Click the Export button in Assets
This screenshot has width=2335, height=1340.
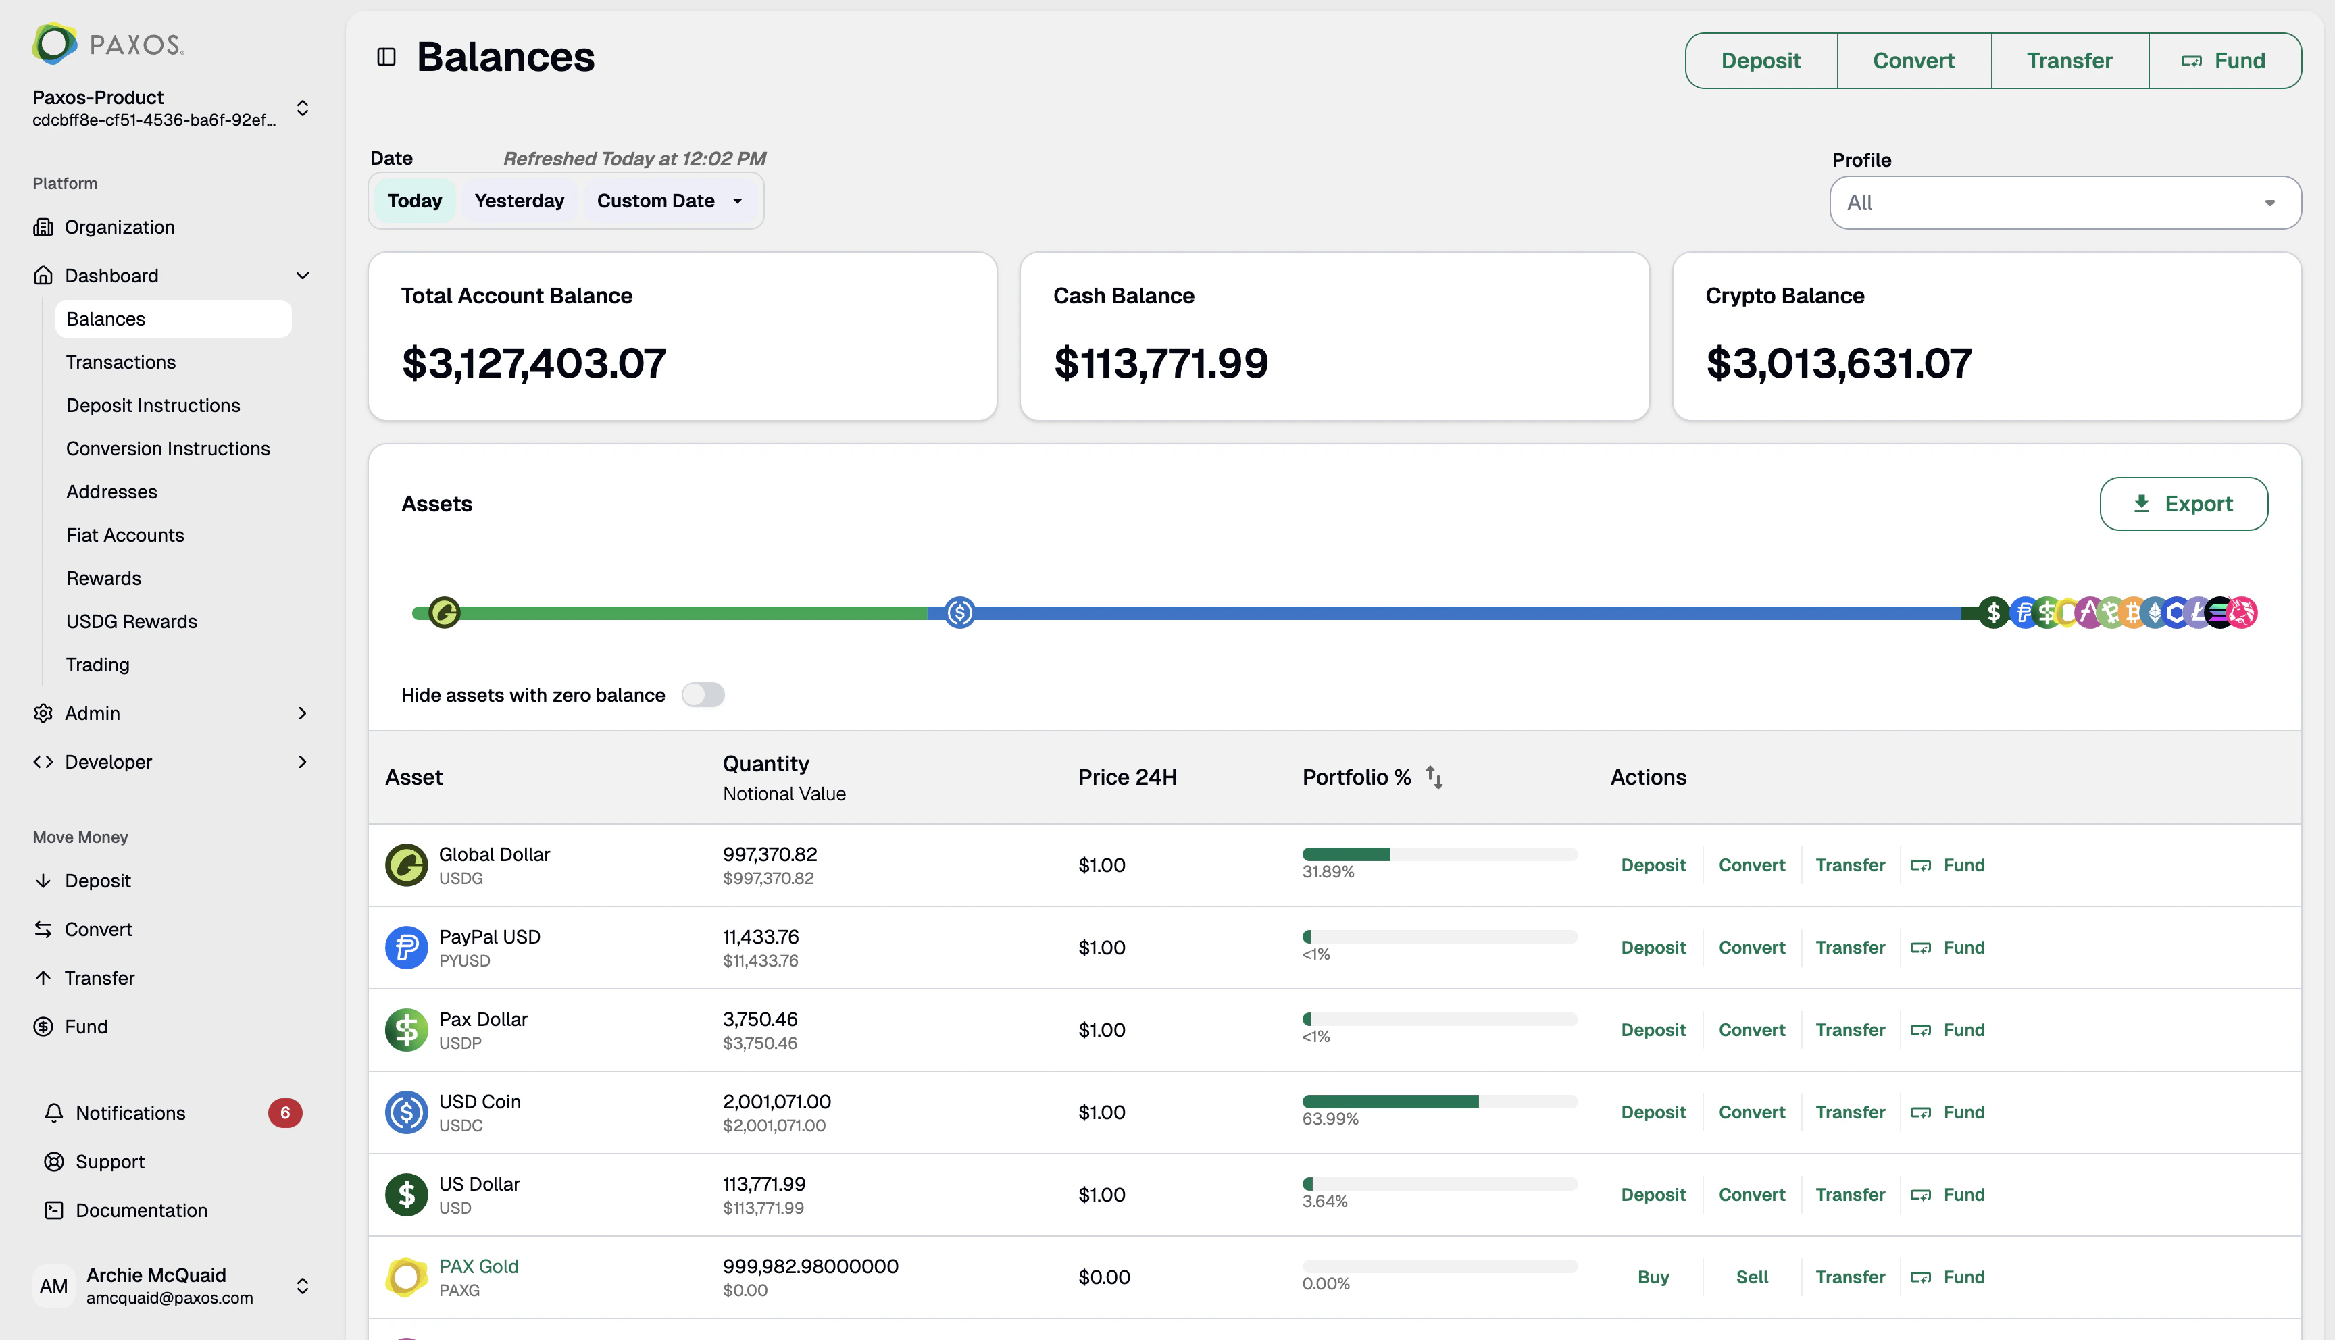pyautogui.click(x=2182, y=503)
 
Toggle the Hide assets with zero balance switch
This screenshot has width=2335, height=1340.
pyautogui.click(x=702, y=695)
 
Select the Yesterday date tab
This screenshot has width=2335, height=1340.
pyautogui.click(x=518, y=201)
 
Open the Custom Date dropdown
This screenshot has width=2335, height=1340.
pyautogui.click(x=669, y=201)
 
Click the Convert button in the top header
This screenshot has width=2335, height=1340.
pyautogui.click(x=1913, y=61)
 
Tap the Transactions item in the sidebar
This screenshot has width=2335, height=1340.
pyautogui.click(x=120, y=362)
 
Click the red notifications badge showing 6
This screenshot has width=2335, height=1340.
pyautogui.click(x=284, y=1112)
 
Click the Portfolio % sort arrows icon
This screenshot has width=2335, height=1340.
pyautogui.click(x=1433, y=777)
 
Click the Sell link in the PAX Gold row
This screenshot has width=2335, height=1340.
pyautogui.click(x=1751, y=1277)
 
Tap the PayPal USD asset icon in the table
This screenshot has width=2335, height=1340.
pyautogui.click(x=406, y=947)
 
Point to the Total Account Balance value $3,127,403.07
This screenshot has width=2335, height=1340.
pyautogui.click(x=533, y=363)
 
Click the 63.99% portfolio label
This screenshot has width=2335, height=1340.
pyautogui.click(x=1329, y=1119)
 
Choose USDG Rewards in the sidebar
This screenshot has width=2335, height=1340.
pyautogui.click(x=132, y=621)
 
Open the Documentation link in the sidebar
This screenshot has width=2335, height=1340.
pyautogui.click(x=141, y=1210)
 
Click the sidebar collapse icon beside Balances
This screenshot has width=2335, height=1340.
pyautogui.click(x=386, y=57)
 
